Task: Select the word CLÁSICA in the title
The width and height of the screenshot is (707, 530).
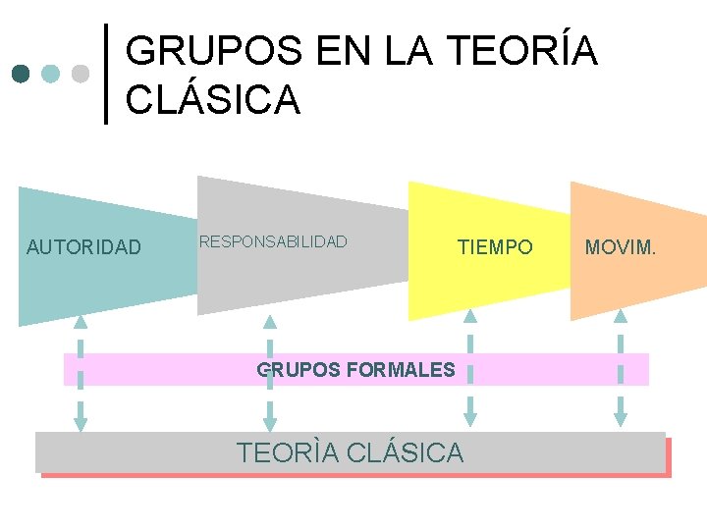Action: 213,99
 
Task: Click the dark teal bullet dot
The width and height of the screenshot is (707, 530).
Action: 22,74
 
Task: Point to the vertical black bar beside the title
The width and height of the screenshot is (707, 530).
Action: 107,74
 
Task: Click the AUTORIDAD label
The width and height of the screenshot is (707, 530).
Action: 83,246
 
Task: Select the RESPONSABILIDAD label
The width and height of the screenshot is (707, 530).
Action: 273,241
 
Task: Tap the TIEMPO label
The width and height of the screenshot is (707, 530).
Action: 495,247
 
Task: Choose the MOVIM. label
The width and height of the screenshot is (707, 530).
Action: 621,247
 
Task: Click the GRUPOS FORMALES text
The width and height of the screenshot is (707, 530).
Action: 355,370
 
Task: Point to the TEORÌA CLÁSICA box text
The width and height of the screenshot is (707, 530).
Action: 350,452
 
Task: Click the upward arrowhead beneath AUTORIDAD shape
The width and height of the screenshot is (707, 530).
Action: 81,321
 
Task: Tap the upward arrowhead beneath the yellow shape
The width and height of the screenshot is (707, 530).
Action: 470,316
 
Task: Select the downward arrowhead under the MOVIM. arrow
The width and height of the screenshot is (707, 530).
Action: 621,419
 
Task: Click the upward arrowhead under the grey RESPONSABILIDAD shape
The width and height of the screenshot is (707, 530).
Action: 270,321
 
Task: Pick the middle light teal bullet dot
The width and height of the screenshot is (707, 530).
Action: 51,74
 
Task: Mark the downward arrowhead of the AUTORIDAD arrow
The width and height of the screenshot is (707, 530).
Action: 81,424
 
